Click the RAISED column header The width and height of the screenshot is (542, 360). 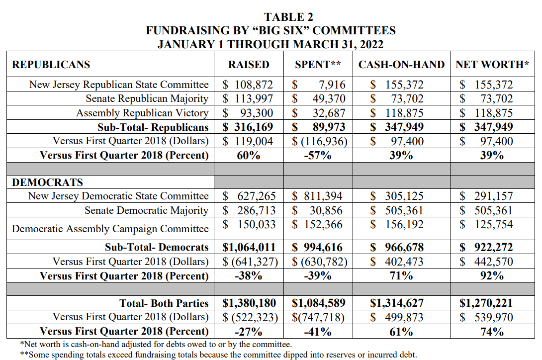249,65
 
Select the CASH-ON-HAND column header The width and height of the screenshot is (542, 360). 401,65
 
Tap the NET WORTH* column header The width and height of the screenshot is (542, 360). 492,65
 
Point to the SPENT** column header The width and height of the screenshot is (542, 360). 318,65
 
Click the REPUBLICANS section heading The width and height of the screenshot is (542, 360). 51,65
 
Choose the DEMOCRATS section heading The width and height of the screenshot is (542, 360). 48,182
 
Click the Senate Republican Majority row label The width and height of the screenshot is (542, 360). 147,98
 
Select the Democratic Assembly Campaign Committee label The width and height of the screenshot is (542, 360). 110,229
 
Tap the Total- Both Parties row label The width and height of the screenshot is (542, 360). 164,303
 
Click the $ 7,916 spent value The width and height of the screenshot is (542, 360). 319,85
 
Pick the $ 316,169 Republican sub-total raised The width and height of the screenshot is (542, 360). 248,127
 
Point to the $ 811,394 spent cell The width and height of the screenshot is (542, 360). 318,196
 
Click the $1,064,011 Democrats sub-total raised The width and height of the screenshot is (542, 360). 248,247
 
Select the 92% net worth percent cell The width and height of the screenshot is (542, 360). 492,275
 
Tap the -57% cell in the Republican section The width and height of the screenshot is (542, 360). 318,155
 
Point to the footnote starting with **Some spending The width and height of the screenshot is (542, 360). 219,355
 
